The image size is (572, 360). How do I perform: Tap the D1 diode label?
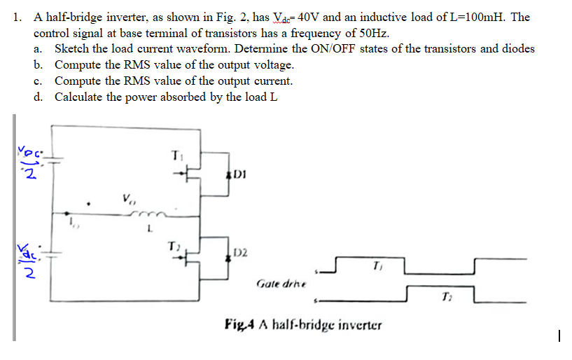coord(239,173)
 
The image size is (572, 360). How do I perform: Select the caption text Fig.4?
coord(239,326)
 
